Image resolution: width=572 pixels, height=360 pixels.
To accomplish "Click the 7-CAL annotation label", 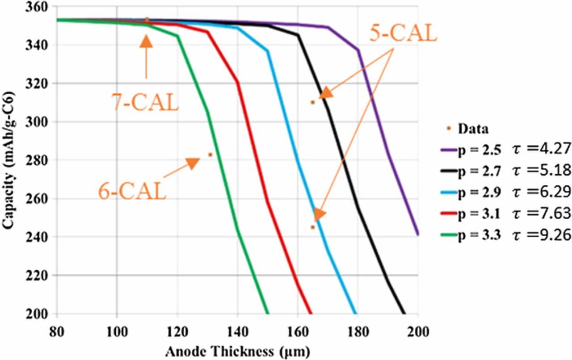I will pos(145,102).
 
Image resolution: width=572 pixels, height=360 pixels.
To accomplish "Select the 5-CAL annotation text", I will pos(403,33).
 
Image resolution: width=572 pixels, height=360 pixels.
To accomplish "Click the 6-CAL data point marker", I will pos(210,155).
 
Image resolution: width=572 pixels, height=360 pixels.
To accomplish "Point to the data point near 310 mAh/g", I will pos(313,102).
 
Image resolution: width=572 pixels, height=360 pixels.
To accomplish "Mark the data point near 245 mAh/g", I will pos(312,227).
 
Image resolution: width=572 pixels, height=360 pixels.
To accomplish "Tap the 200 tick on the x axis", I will pos(418,332).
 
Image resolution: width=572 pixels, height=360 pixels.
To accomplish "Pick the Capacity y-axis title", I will pos(7,160).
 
